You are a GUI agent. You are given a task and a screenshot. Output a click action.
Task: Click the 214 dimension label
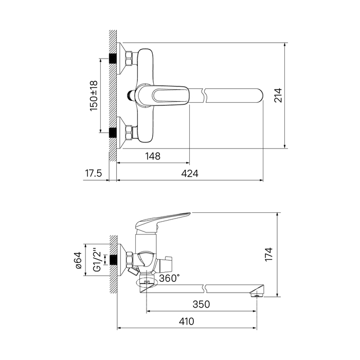tap(278, 95)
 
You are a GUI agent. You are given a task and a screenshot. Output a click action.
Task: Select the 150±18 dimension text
tap(94, 96)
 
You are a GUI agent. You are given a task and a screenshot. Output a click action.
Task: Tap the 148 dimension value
tap(153, 156)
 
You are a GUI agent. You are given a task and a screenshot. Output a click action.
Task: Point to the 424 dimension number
tap(190, 173)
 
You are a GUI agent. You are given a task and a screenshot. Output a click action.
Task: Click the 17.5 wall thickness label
tap(94, 173)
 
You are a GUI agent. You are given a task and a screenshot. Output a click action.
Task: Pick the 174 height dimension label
tap(268, 254)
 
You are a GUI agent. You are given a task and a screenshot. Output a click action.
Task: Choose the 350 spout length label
tap(202, 304)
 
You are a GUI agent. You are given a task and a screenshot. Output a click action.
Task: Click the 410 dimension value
tap(186, 321)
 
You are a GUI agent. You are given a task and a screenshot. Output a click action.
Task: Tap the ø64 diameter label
tap(78, 260)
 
